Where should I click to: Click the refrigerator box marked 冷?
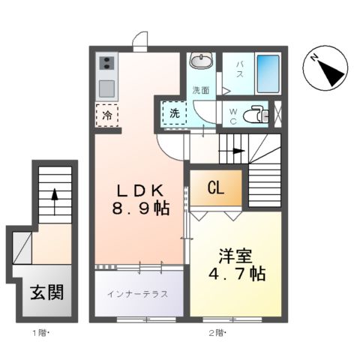pos(106,115)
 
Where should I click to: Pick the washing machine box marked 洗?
pos(173,114)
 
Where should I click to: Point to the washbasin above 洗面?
pos(201,61)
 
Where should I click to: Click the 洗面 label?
pos(200,90)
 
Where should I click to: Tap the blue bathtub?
pos(268,73)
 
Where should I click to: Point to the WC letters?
pos(233,114)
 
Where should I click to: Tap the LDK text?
pos(138,189)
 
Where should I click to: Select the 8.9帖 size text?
pos(138,210)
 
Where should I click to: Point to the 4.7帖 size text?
pos(235,275)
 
